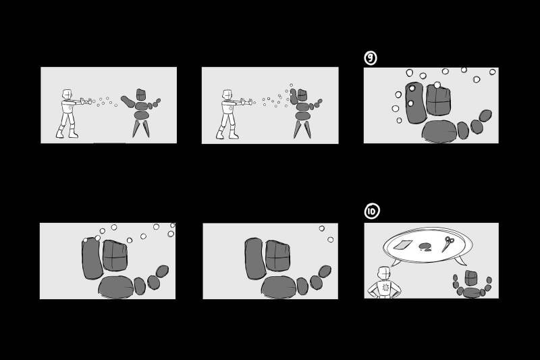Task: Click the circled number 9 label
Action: click(370, 58)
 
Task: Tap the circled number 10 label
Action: click(372, 211)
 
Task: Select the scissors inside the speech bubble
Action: click(448, 245)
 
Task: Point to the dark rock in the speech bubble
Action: click(426, 247)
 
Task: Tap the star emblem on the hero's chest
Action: click(385, 287)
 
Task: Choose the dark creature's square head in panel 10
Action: click(471, 278)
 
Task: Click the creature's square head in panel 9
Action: click(438, 100)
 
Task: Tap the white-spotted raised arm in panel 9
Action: click(416, 102)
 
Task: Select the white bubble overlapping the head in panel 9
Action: click(437, 84)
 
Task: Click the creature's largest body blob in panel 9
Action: click(439, 131)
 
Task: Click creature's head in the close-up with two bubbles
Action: click(278, 256)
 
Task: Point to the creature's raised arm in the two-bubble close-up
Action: click(255, 259)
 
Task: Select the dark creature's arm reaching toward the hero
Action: click(128, 101)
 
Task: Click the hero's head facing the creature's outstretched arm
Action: click(67, 94)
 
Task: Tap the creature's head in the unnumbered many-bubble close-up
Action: click(115, 255)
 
